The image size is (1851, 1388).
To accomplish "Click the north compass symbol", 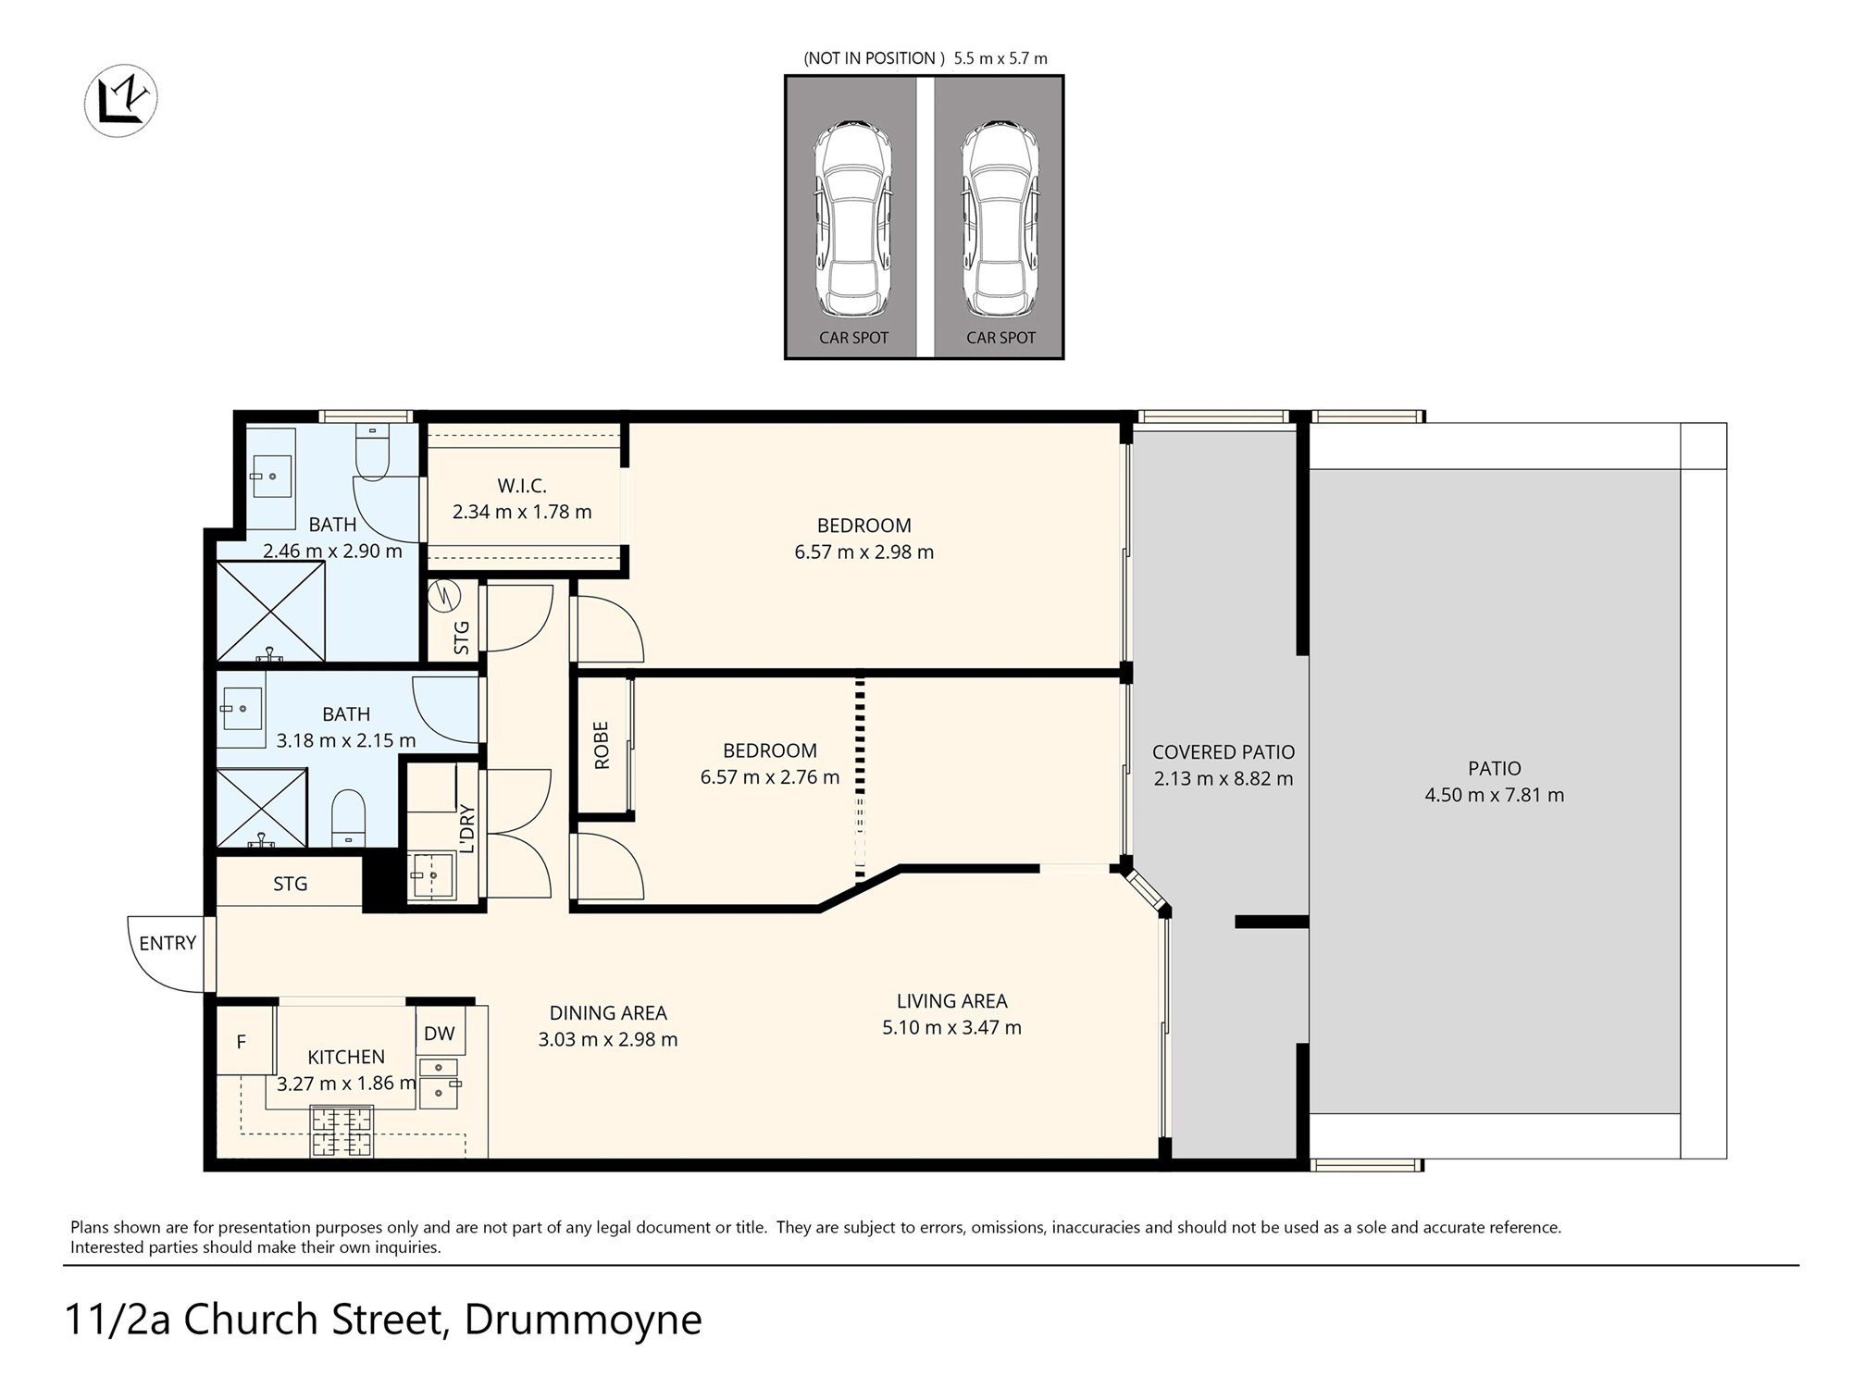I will point(121,100).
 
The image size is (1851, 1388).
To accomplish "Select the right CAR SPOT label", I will point(1000,338).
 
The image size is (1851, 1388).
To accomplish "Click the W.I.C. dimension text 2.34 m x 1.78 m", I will point(522,512).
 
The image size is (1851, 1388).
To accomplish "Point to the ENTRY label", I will point(168,943).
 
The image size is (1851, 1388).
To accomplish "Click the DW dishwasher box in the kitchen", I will point(440,1034).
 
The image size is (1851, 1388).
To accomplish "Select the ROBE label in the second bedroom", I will point(602,746).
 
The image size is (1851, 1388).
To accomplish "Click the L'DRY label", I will point(467,828).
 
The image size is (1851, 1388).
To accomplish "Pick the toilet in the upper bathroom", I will point(372,453).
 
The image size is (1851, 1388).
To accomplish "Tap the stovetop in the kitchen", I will point(342,1132).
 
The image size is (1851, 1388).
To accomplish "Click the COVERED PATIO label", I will point(1223,752).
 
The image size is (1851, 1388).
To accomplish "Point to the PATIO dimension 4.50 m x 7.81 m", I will point(1494,795).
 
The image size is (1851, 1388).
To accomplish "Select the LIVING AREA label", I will point(951,1000).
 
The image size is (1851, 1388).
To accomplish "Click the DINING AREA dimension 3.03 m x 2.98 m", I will point(608,1039).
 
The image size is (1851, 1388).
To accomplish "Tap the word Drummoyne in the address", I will point(583,1320).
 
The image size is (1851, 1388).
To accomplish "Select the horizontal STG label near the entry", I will point(290,884).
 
